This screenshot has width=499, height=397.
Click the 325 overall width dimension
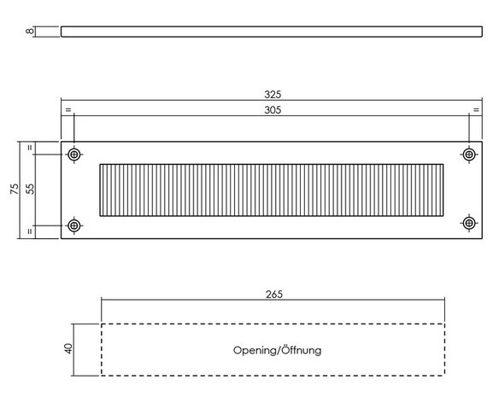(273, 95)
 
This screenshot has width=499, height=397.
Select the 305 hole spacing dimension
(273, 110)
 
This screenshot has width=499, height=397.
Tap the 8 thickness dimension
(30, 32)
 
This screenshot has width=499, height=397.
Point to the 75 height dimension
(15, 189)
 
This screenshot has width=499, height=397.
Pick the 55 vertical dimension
(30, 189)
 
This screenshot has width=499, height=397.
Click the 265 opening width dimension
(274, 295)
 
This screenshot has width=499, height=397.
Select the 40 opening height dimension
(68, 348)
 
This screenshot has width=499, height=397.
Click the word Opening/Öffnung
(277, 350)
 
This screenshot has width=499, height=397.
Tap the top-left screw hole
(74, 155)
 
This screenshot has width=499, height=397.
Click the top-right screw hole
(469, 155)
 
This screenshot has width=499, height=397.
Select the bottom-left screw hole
(74, 225)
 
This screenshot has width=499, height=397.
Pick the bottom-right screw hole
(469, 223)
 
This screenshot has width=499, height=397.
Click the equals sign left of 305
(68, 110)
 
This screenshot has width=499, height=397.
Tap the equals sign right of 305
(476, 110)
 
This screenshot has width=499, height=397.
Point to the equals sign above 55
(30, 148)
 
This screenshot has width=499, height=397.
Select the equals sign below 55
(30, 231)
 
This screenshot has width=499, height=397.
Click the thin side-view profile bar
(272, 32)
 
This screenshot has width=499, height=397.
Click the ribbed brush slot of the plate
(272, 190)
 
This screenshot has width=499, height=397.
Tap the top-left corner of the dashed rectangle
(102, 324)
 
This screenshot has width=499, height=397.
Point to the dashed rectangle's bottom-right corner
(444, 376)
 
